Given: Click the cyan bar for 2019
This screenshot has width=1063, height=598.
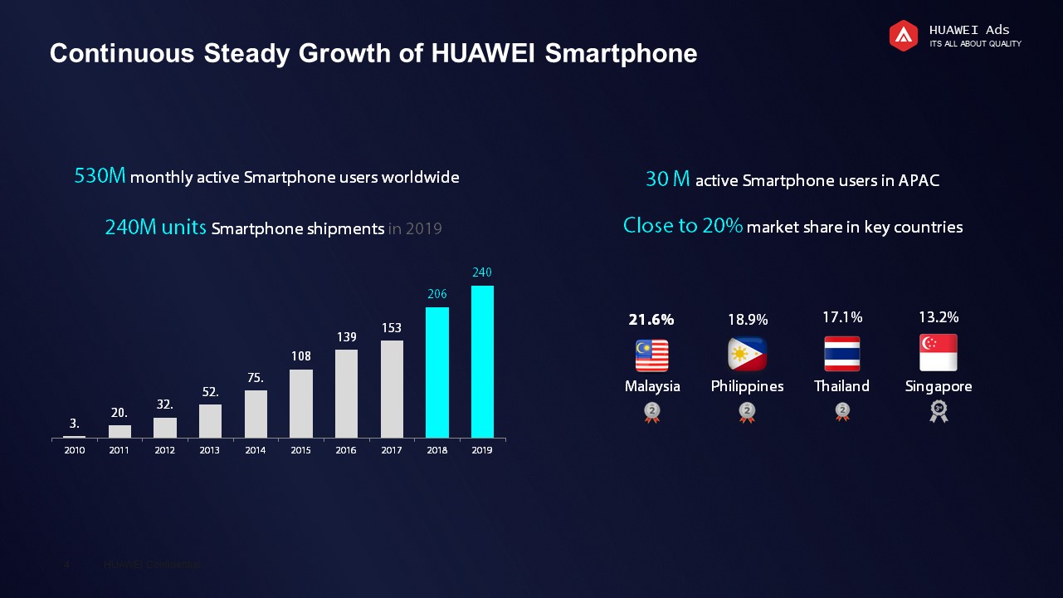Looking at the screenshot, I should [482, 361].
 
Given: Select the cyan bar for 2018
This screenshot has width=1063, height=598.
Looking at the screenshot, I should [437, 372].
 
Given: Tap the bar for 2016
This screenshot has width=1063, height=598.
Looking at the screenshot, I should [346, 393].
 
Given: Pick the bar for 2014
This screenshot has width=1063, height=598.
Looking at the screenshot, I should [256, 414].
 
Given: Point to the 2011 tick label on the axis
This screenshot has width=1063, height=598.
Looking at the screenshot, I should [119, 450].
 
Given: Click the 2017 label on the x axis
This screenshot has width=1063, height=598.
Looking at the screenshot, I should [392, 450].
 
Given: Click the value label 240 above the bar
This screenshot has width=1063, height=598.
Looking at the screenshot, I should [482, 272].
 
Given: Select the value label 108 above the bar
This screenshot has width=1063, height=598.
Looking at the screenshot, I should [300, 356].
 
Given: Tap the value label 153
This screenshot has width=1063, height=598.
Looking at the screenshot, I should [392, 328].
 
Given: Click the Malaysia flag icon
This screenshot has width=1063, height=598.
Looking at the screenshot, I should [651, 355].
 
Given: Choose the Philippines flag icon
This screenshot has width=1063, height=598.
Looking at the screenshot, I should [747, 355].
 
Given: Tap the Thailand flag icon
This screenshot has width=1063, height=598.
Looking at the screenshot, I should [841, 354].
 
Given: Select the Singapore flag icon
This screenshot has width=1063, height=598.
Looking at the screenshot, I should [939, 353].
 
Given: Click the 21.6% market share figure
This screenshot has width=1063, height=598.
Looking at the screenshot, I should [651, 320].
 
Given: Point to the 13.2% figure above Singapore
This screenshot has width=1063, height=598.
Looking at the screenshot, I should [939, 317].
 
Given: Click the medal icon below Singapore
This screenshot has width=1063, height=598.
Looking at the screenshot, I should [939, 411].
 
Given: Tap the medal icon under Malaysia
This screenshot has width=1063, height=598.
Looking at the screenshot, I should [652, 412].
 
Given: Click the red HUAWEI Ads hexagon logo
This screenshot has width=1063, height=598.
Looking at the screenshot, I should [904, 36].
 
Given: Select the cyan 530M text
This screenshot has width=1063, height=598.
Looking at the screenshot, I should [100, 176].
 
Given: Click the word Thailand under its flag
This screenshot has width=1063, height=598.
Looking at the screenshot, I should [841, 386].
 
